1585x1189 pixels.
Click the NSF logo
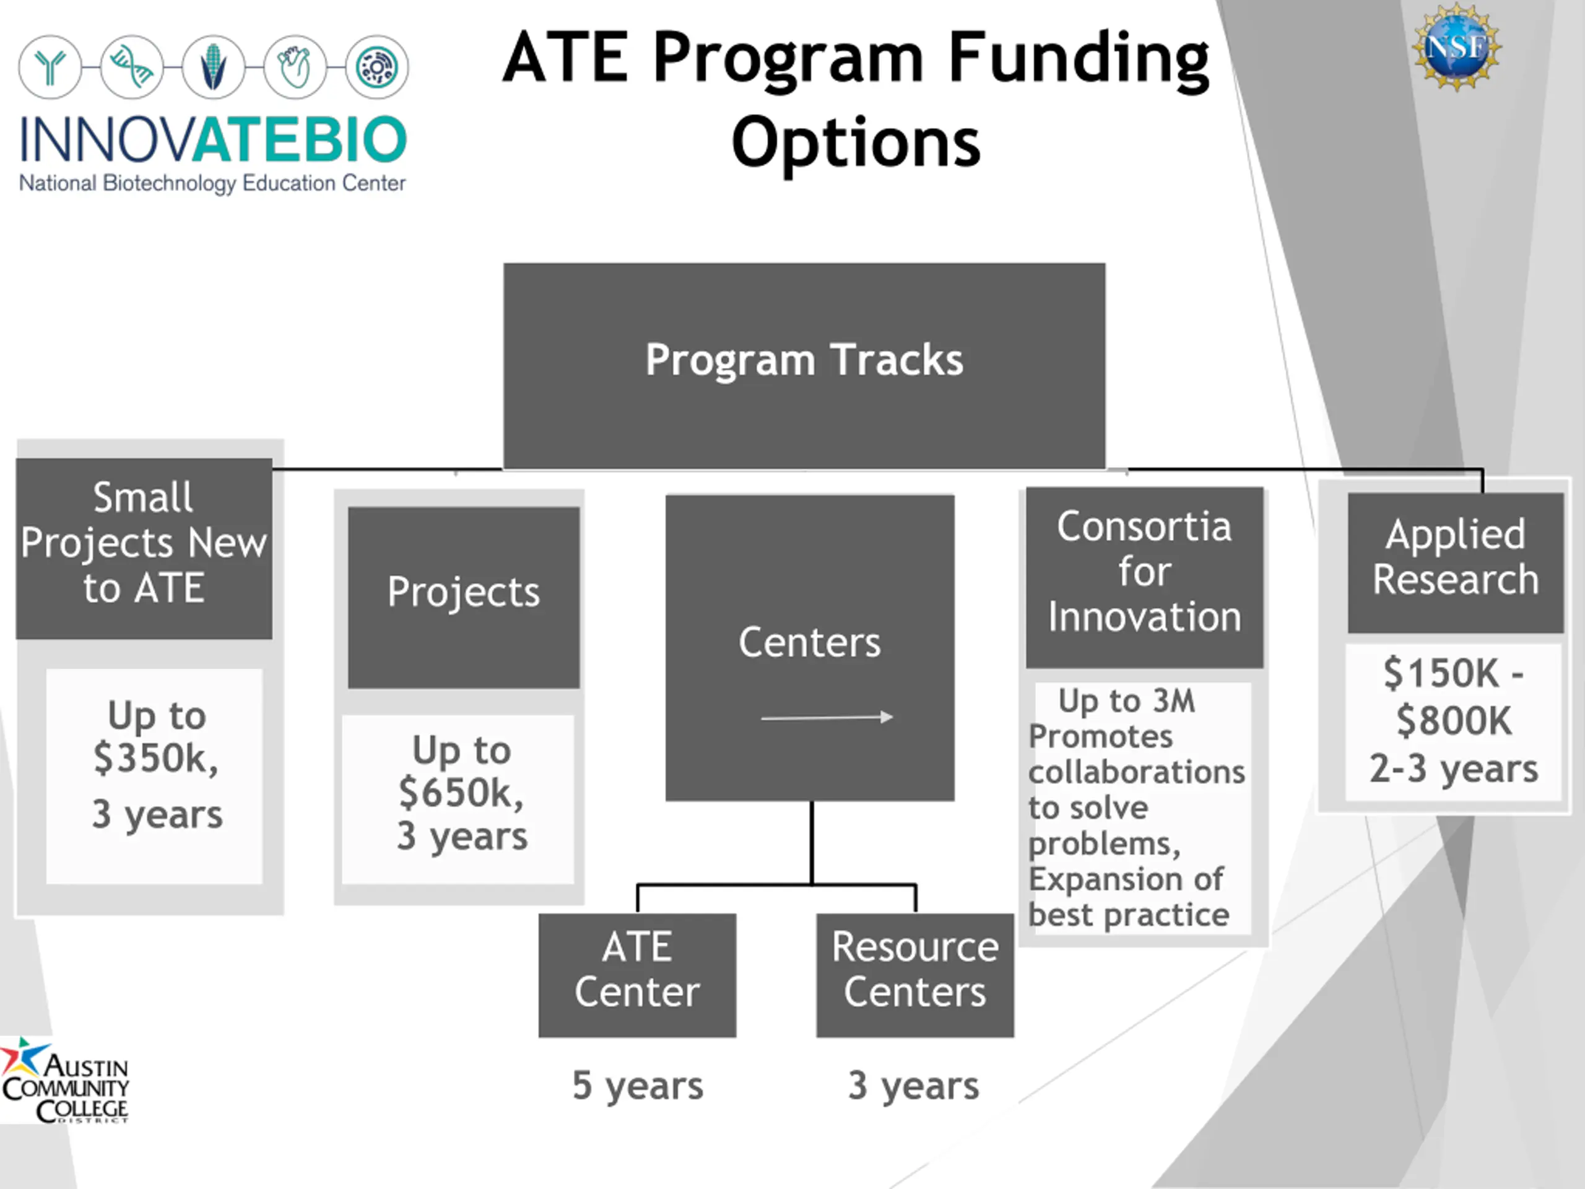(x=1457, y=47)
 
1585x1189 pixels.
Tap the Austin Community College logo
(x=64, y=1079)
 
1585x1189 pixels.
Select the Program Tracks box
(x=804, y=365)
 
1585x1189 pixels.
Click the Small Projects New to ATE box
(x=144, y=548)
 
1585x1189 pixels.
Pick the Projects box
(x=464, y=598)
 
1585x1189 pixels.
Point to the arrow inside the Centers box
(x=827, y=716)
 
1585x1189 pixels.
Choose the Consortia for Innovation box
(x=1144, y=578)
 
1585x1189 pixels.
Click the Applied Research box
(x=1456, y=562)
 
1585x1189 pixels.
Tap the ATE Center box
(x=637, y=975)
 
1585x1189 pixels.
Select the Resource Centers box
(x=915, y=975)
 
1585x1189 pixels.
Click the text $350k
(x=155, y=758)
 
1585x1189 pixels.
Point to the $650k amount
(x=461, y=793)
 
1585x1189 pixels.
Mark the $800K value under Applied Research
(x=1454, y=720)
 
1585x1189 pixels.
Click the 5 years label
(x=638, y=1085)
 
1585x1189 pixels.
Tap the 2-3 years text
(x=1454, y=769)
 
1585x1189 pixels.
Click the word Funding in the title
(x=1079, y=59)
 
